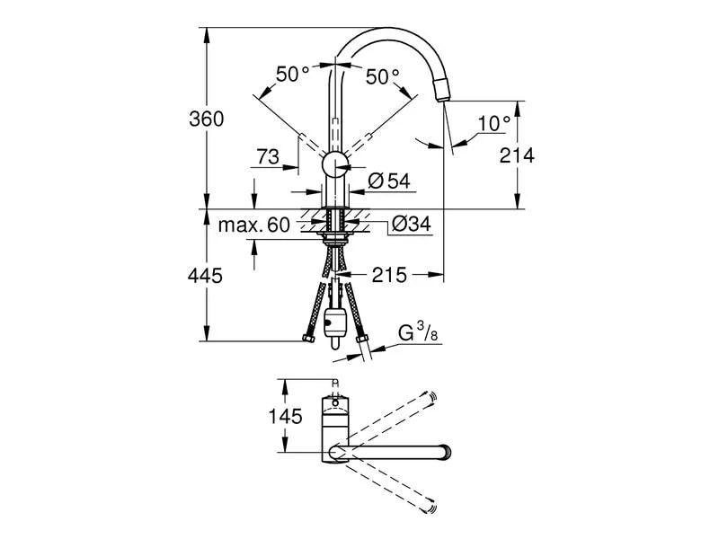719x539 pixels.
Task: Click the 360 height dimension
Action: tap(207, 119)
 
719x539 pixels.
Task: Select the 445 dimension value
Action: tap(205, 276)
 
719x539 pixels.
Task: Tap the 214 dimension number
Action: tap(517, 155)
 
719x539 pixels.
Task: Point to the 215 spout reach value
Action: tap(389, 275)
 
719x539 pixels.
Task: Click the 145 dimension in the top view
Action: tap(285, 416)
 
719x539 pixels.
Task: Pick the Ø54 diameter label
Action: tap(389, 181)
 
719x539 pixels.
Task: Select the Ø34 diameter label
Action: tap(412, 224)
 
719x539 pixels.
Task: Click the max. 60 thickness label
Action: tap(254, 225)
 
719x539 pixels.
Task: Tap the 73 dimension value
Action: tap(268, 156)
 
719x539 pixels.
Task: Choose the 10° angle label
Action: tap(493, 123)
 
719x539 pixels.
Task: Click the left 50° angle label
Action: tap(293, 75)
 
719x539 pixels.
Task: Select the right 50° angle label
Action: tap(383, 77)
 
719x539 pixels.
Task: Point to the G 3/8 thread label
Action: tap(418, 332)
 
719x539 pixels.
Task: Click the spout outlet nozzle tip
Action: tap(442, 90)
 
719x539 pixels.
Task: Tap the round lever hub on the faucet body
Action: tap(335, 164)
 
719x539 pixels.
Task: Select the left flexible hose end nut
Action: tap(308, 340)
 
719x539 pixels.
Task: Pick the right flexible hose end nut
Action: tap(362, 340)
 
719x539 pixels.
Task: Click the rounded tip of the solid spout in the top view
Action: tap(446, 453)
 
